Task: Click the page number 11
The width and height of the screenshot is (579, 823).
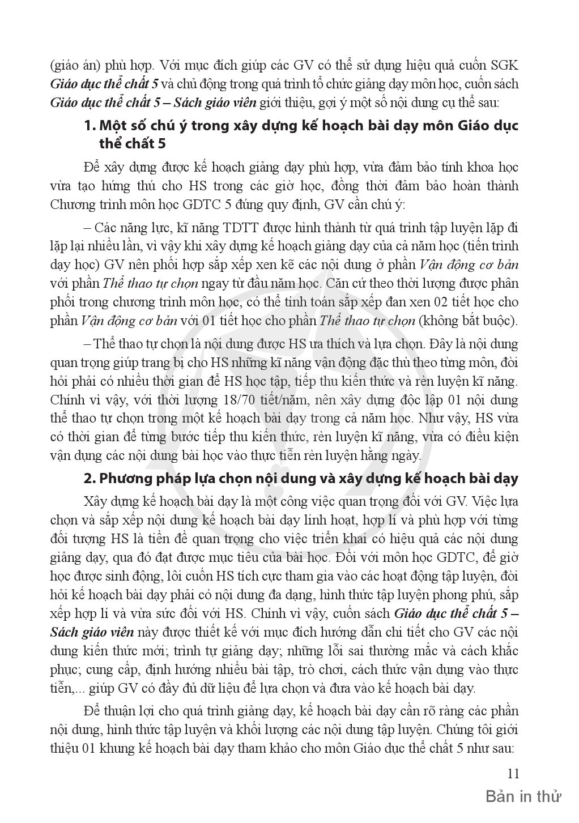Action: (x=513, y=774)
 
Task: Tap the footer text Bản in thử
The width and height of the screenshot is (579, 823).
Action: (x=523, y=797)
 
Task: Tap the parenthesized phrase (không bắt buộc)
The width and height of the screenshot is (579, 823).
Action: (x=468, y=321)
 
